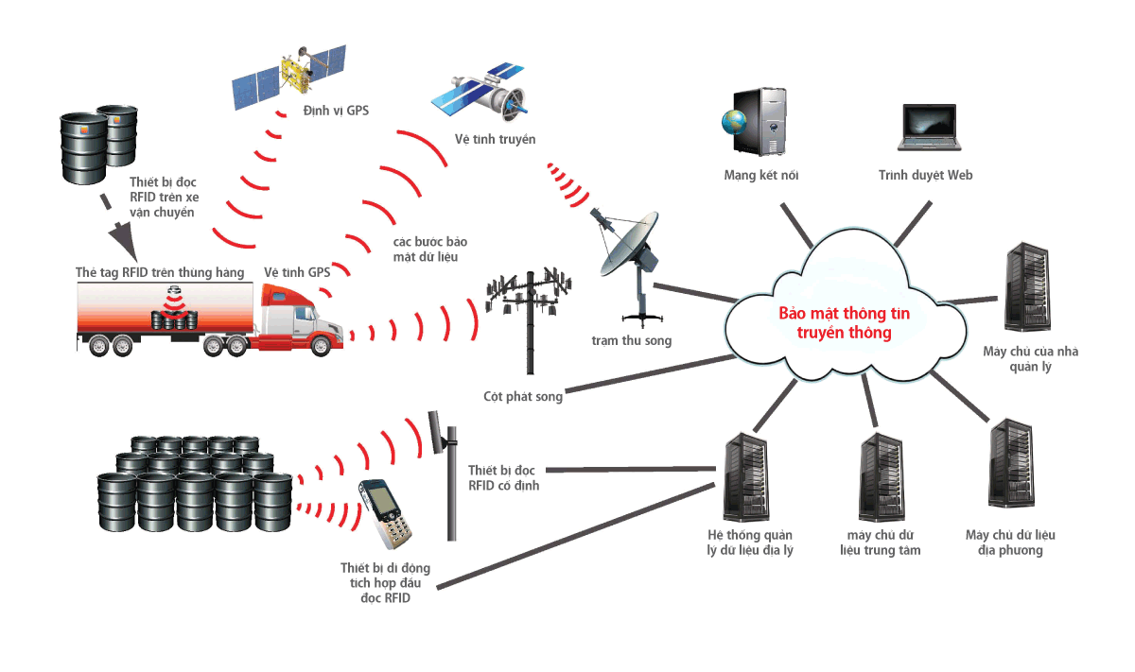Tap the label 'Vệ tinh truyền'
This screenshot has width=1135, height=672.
pos(495,140)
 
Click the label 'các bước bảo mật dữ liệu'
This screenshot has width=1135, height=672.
pos(429,250)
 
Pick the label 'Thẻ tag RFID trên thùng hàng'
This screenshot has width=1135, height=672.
pos(160,273)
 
